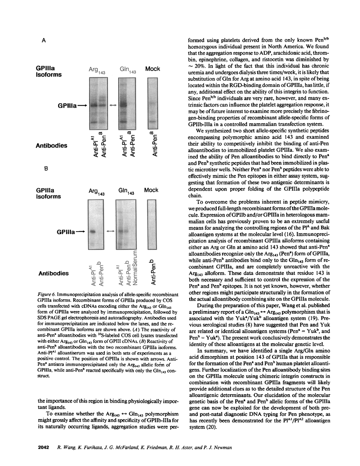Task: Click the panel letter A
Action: [43, 41]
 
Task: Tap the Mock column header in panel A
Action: [152, 69]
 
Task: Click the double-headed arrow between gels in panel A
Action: [113, 105]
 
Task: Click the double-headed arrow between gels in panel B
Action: [110, 231]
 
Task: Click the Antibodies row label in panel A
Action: [52, 145]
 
